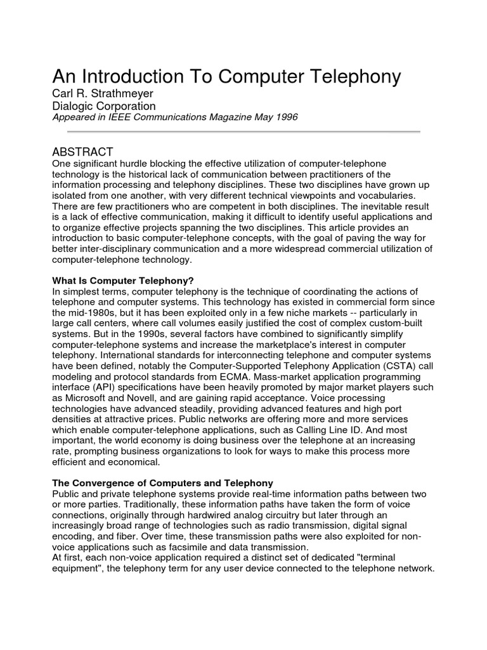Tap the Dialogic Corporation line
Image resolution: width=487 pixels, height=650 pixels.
[103, 107]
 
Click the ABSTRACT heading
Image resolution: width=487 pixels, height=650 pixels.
[82, 152]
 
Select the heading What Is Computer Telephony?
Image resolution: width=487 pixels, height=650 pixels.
[122, 281]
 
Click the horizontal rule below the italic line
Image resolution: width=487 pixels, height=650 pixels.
[244, 131]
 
